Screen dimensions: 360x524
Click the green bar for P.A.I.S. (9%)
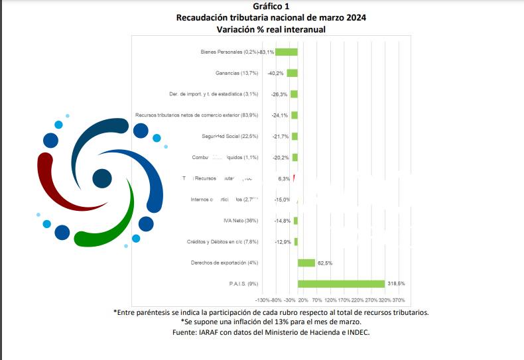point(341,284)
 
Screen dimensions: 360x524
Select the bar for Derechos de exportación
point(306,263)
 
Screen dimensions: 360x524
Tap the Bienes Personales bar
point(287,52)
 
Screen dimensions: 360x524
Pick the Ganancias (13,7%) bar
point(292,73)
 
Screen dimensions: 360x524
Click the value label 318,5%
point(396,284)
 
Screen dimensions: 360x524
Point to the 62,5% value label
point(325,263)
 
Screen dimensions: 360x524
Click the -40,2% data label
point(276,73)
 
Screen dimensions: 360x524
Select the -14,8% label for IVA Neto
point(283,221)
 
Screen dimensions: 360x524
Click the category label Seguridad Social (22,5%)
point(229,136)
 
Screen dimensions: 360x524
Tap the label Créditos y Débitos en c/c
point(222,242)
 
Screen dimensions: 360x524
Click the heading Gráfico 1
point(271,6)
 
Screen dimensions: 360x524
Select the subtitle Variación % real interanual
point(271,29)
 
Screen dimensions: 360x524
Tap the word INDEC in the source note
point(355,332)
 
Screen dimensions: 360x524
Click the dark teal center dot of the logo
point(102,178)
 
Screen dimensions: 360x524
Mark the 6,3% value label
point(284,178)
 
